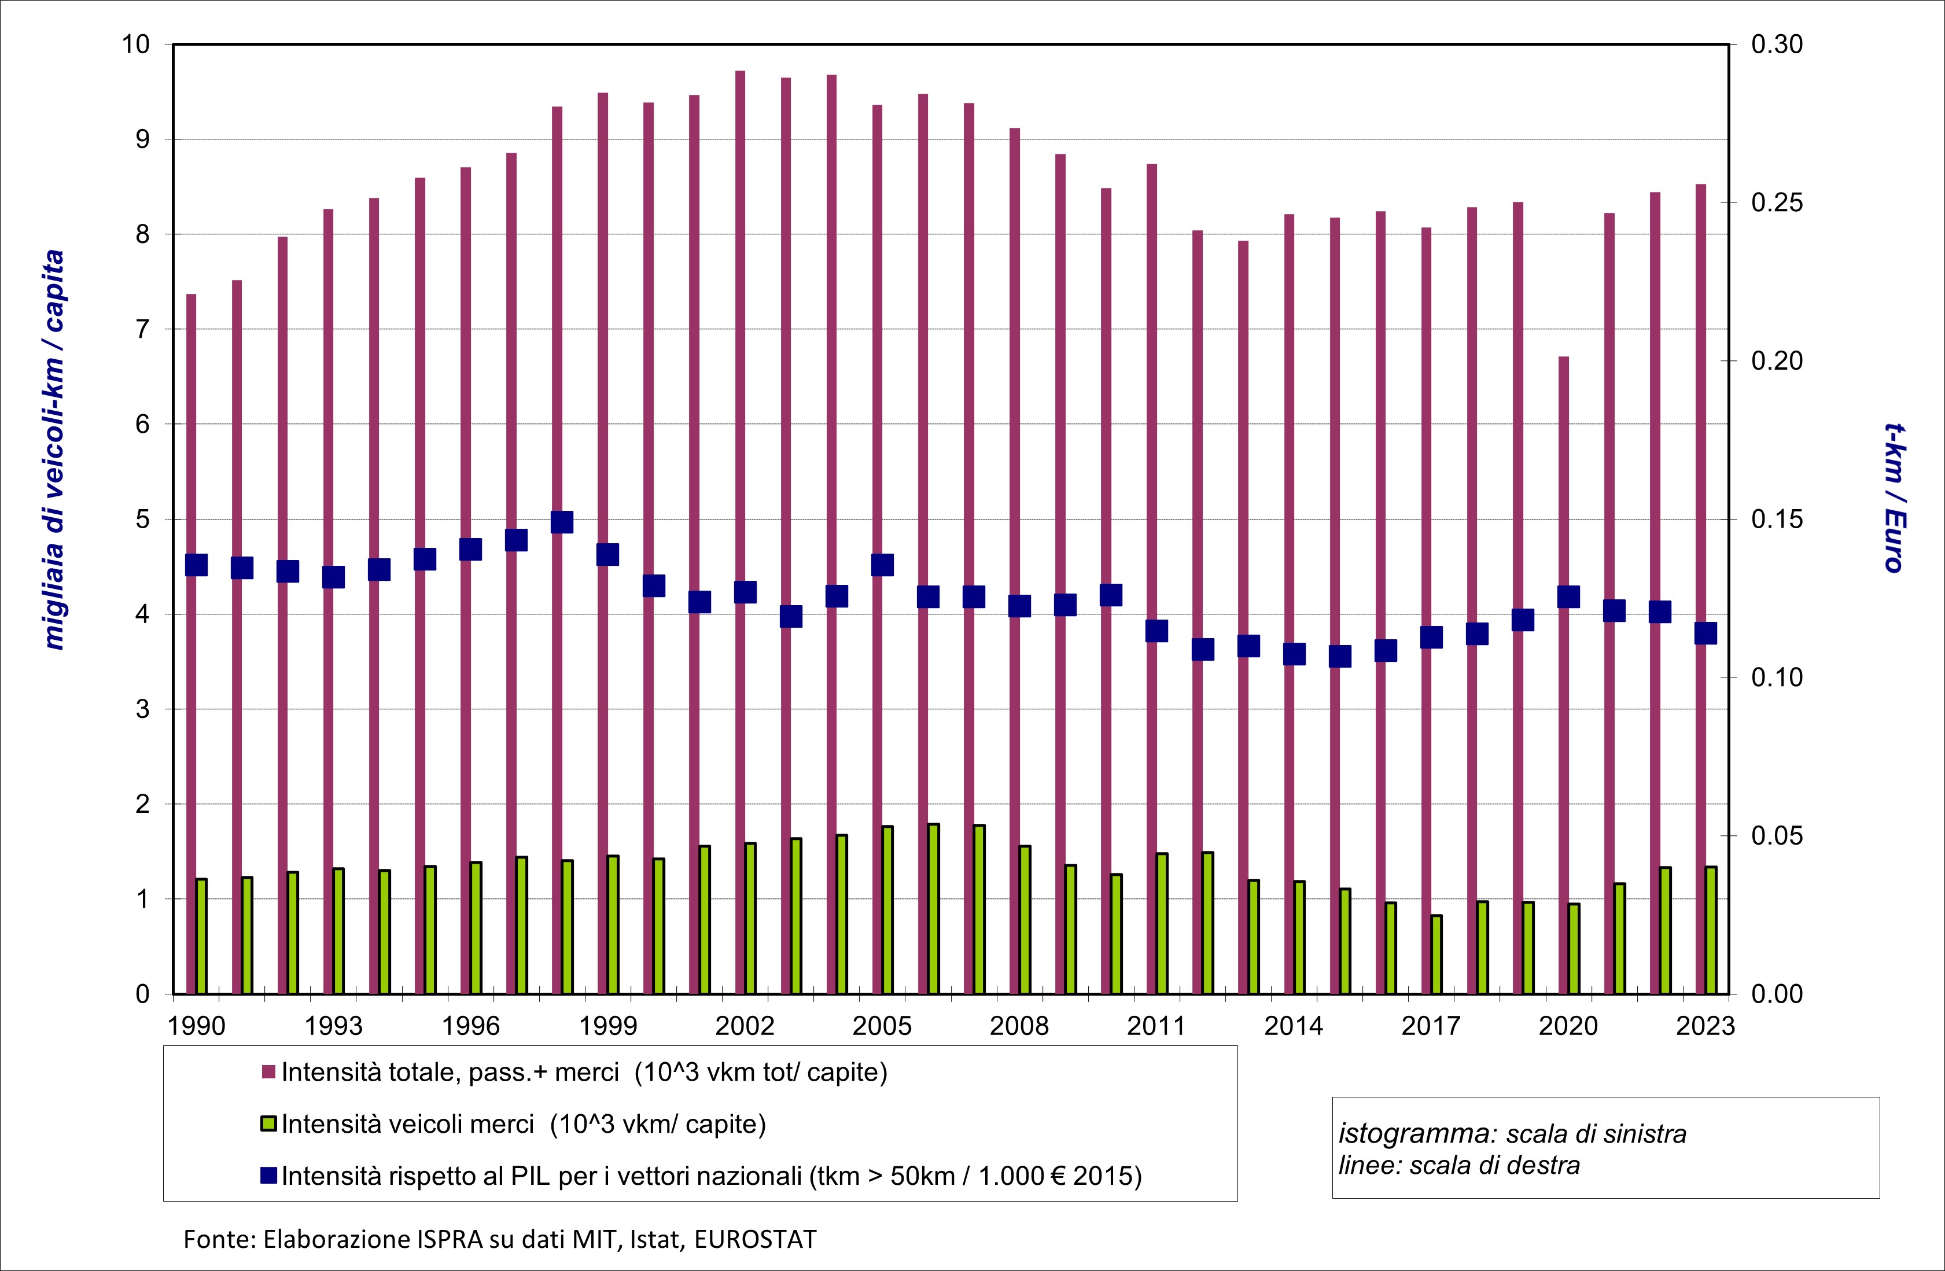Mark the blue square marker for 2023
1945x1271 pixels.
click(x=1705, y=633)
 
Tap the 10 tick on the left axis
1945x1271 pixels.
click(x=137, y=44)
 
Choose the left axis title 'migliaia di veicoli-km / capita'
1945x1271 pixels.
click(x=55, y=450)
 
